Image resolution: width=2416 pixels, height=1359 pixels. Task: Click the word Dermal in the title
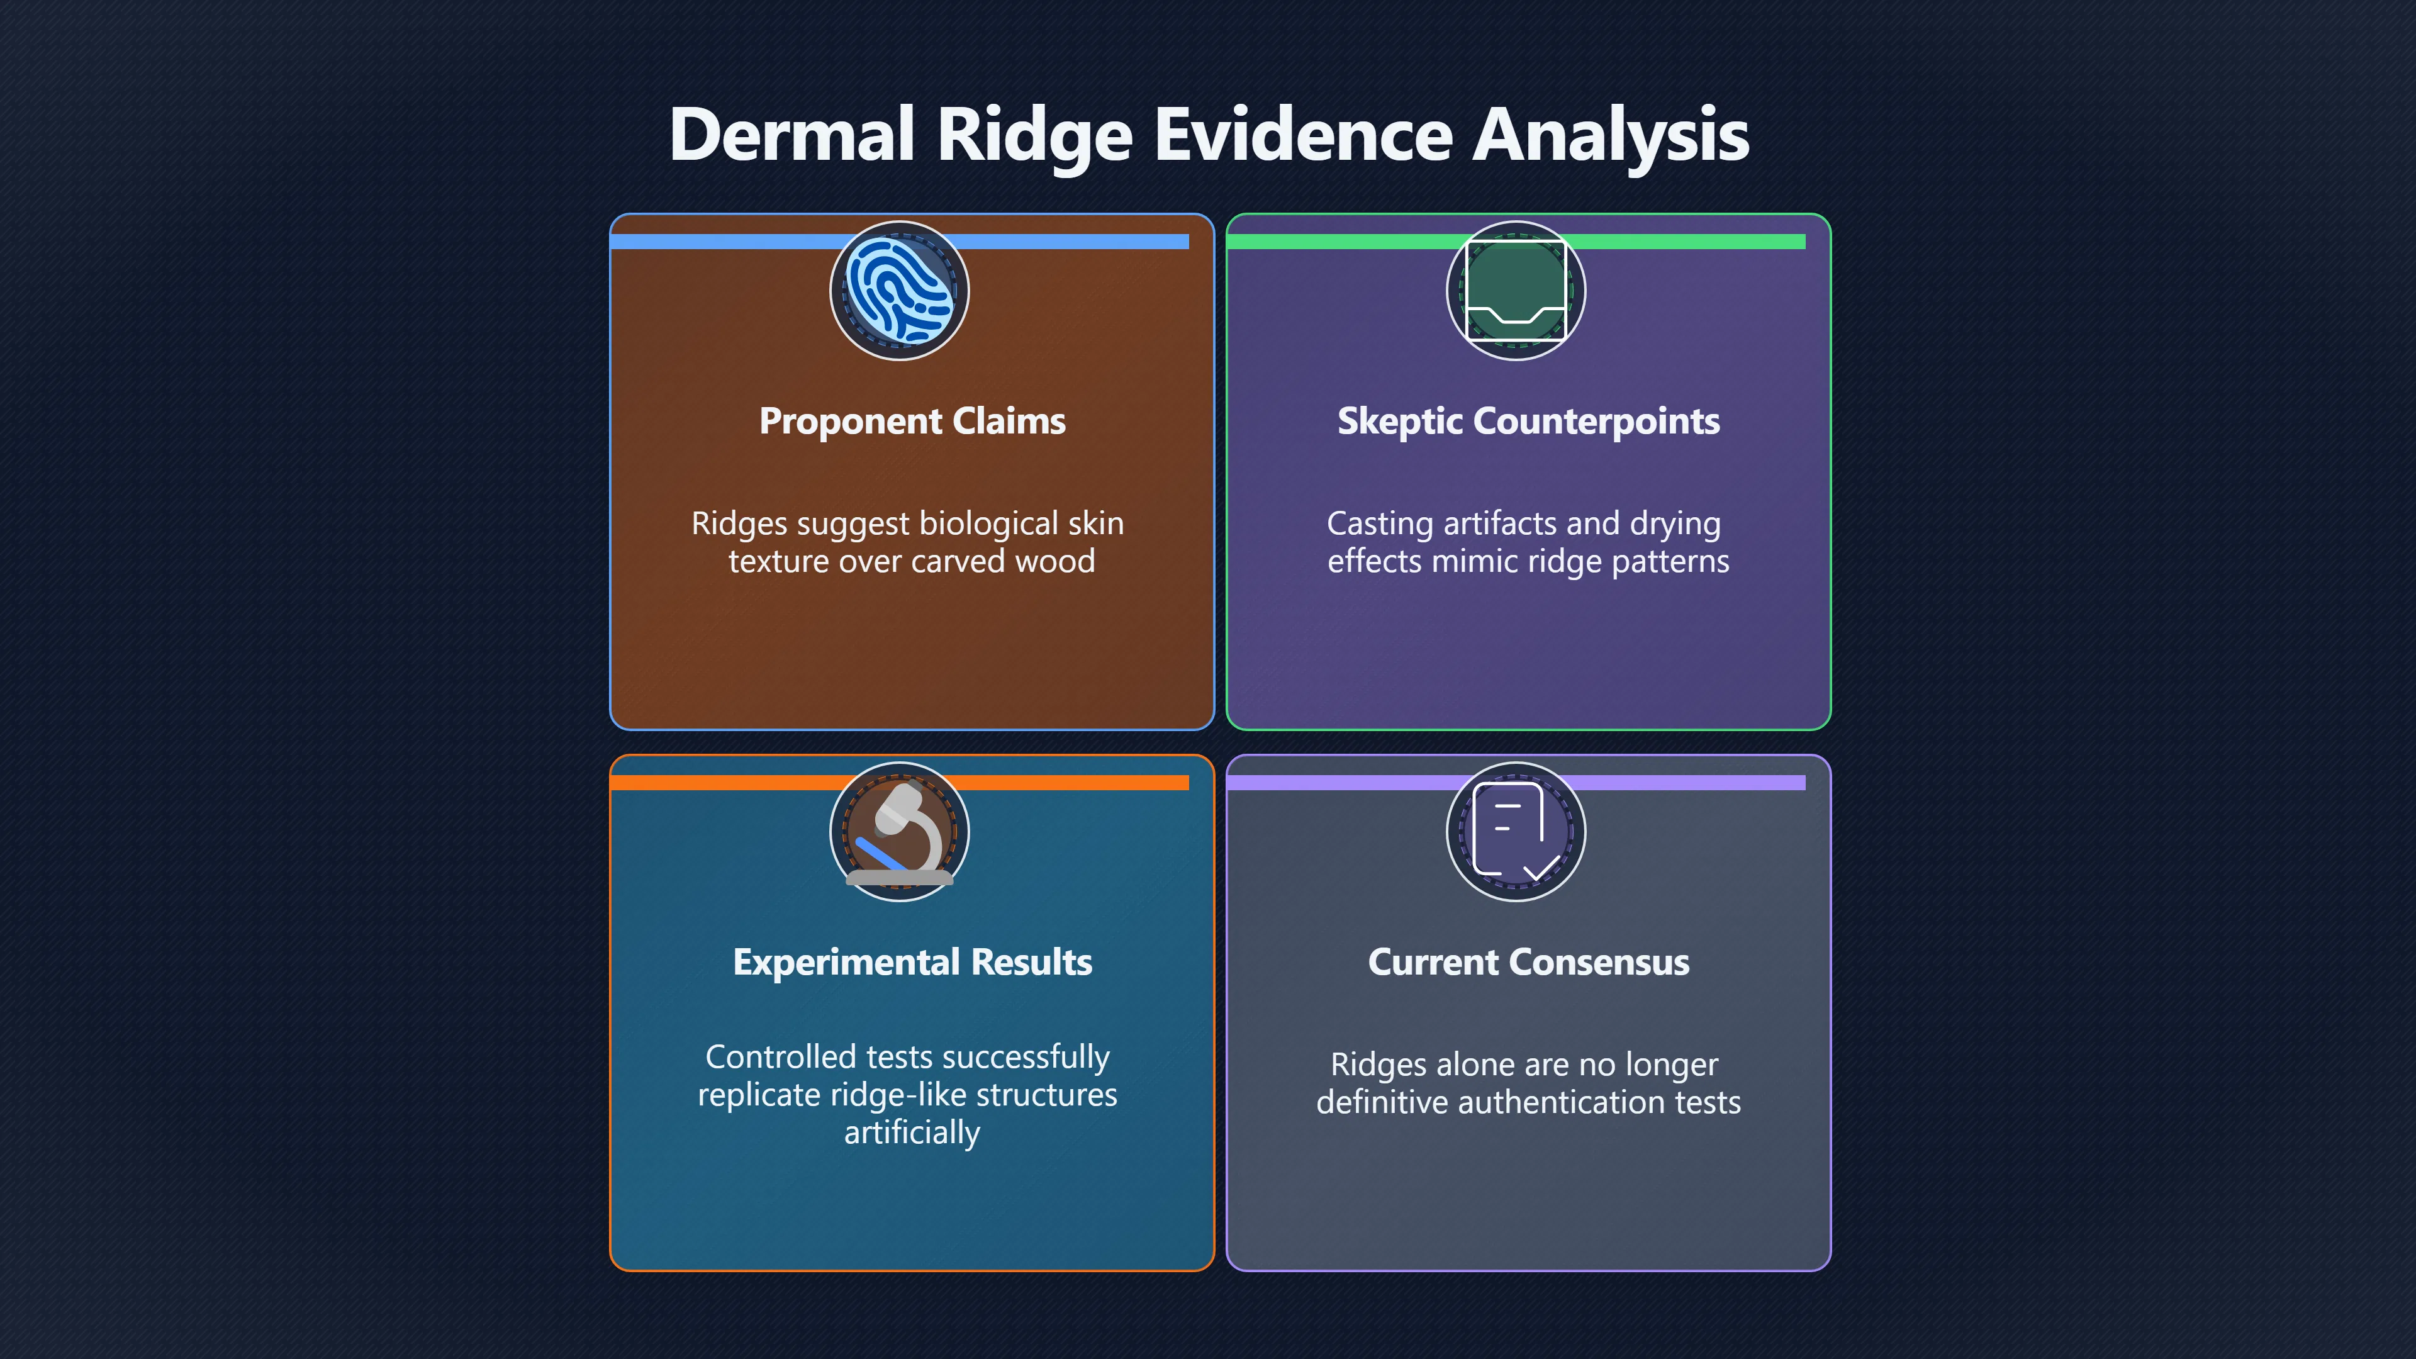coord(791,134)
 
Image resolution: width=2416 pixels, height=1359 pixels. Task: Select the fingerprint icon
coord(900,291)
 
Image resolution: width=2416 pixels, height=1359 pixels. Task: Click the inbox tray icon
coord(1516,291)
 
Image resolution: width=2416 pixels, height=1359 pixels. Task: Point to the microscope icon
coord(900,834)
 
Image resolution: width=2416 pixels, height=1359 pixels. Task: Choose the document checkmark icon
coord(1516,832)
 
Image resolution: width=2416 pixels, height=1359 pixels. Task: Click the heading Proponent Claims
coord(912,421)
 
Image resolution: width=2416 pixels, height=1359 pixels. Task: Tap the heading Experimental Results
coord(912,962)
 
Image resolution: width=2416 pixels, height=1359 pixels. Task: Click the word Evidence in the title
coord(1304,134)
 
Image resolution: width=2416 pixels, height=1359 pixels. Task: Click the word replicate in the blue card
coord(759,1095)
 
